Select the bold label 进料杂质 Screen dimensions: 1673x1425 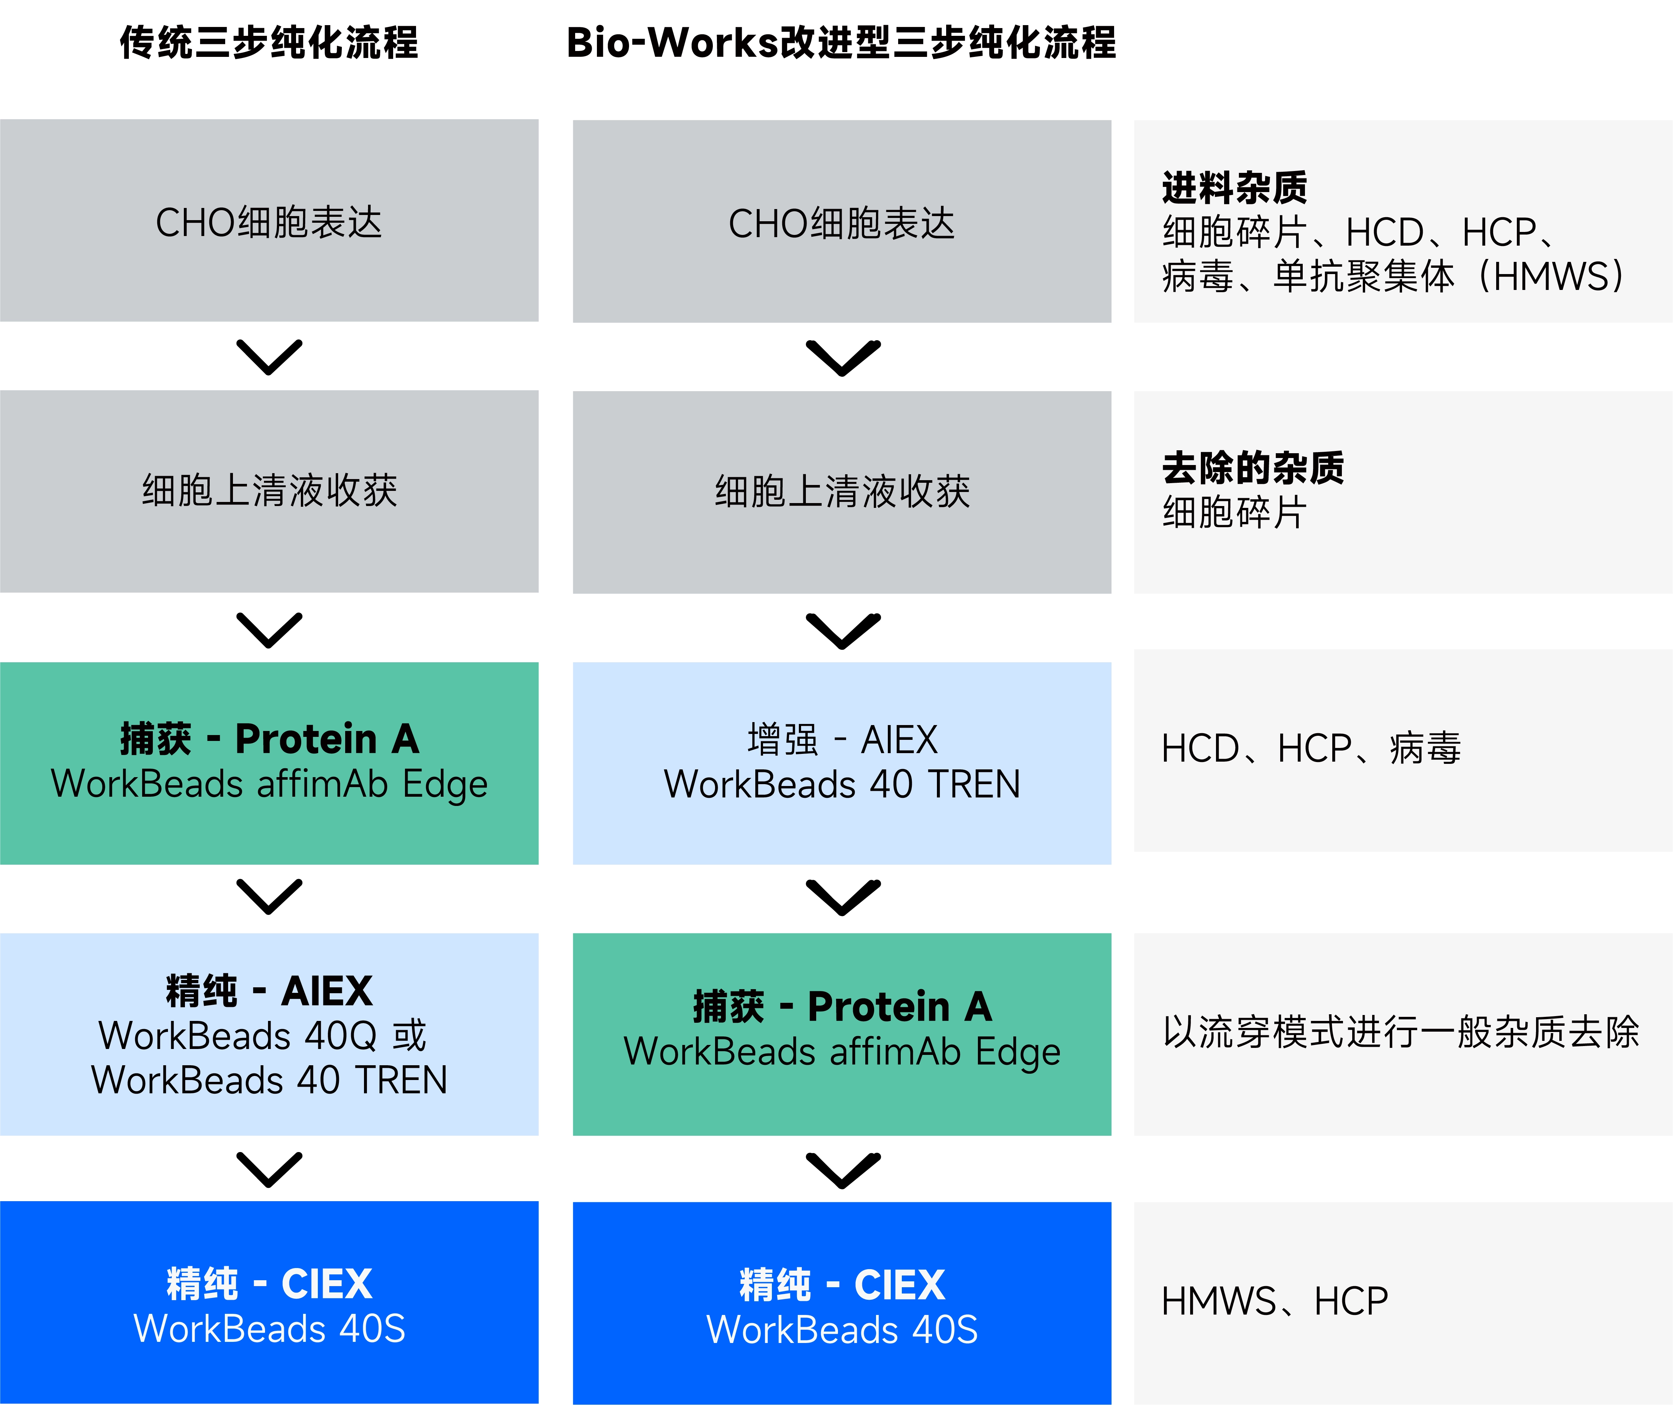[x=1234, y=187]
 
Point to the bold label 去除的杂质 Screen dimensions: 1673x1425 [x=1253, y=468]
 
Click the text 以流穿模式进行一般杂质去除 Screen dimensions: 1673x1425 [x=1401, y=1032]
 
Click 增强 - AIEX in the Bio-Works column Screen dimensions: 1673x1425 [x=842, y=739]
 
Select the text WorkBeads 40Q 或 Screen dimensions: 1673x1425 [x=262, y=1036]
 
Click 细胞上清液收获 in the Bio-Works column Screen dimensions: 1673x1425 [x=842, y=491]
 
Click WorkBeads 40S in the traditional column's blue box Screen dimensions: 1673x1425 [x=269, y=1329]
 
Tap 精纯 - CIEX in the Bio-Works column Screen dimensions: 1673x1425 [x=842, y=1284]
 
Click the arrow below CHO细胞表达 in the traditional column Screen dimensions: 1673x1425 [x=269, y=357]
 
